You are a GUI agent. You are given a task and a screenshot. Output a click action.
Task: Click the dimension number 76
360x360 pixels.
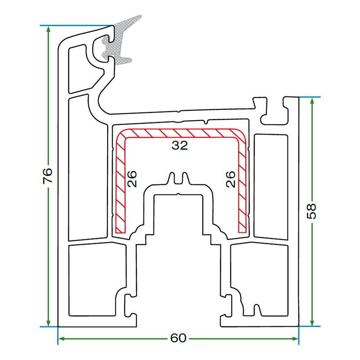[48, 175]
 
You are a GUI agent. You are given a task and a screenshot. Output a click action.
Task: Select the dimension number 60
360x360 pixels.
[178, 338]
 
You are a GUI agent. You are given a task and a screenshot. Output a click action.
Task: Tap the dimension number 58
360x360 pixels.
[312, 211]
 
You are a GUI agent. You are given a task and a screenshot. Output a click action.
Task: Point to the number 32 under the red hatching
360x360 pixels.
[179, 145]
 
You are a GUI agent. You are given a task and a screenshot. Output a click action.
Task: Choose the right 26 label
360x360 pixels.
[230, 179]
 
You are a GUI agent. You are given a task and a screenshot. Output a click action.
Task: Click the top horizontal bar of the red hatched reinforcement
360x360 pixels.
[180, 134]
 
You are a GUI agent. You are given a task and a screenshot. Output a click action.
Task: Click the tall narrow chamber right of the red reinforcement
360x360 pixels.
[270, 185]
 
